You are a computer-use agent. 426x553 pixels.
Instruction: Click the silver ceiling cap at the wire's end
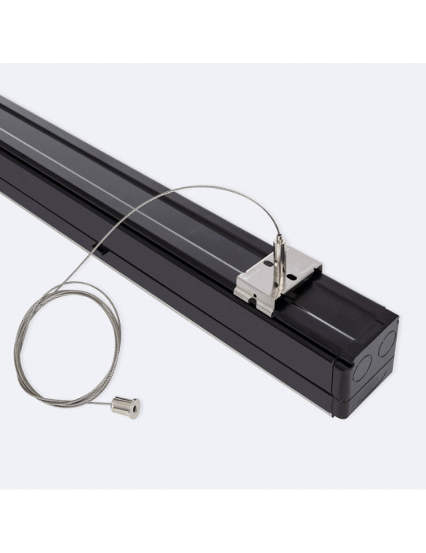click(x=125, y=407)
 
